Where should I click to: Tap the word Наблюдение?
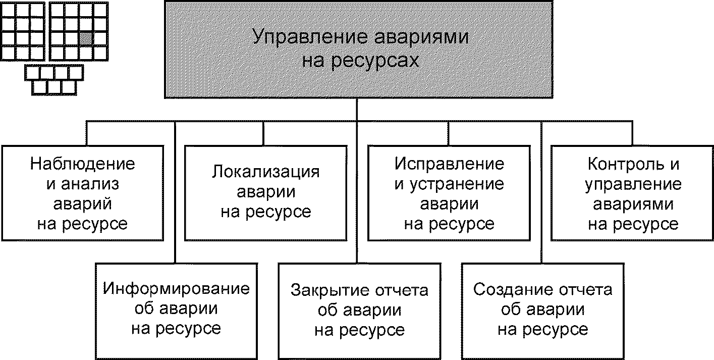pos(83,164)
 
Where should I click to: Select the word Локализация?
pos(265,171)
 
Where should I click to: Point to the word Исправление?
pos(449,164)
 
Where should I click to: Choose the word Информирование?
pos(176,289)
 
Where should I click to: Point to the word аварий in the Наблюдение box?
pos(83,204)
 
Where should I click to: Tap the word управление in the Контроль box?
pos(633,184)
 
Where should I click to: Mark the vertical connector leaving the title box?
pos(357,109)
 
